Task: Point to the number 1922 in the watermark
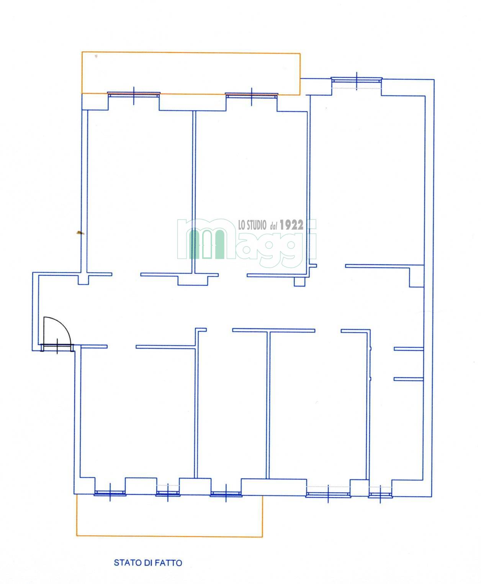[291, 225]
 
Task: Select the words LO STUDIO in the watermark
[252, 225]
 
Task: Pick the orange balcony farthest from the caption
[191, 73]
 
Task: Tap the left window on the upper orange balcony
[134, 95]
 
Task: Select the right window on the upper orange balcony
[252, 95]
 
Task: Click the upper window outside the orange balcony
[357, 80]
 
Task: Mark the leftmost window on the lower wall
[110, 493]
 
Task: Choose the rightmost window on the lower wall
[380, 495]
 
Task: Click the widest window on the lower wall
[328, 495]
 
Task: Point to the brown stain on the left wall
[80, 232]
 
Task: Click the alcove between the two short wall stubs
[409, 364]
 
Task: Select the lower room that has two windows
[137, 412]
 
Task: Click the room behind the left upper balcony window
[140, 190]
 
